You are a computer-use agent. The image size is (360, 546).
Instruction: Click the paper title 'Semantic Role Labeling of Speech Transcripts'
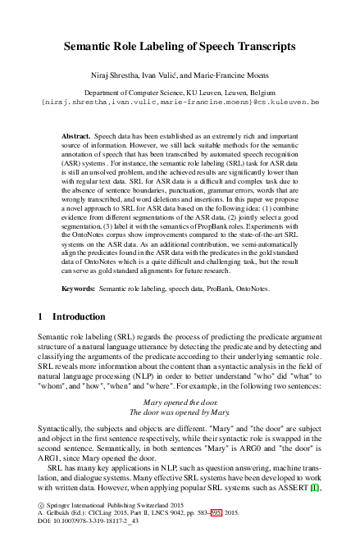coord(180,48)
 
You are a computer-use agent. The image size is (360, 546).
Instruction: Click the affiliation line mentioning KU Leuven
coord(180,94)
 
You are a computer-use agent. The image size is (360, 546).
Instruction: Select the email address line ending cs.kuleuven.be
coord(180,104)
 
